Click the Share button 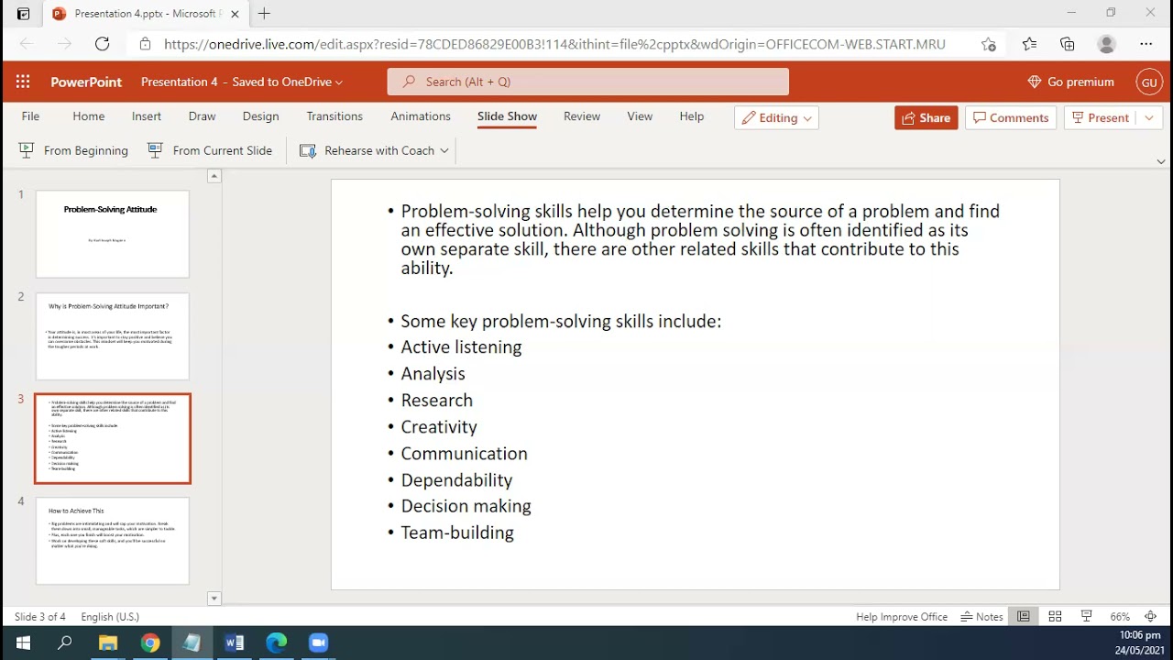click(926, 117)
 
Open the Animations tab click(421, 116)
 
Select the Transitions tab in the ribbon click(334, 116)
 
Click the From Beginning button click(74, 150)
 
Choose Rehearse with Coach click(374, 150)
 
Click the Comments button click(1010, 117)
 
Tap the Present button click(1100, 117)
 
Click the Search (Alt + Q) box click(587, 82)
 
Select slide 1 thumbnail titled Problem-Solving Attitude click(112, 234)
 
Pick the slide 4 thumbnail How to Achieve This click(112, 540)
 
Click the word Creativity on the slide click(439, 427)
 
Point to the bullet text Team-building click(457, 533)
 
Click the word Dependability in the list click(456, 480)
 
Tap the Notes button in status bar click(981, 617)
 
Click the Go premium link click(1070, 82)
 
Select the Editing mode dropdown click(776, 117)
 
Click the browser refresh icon click(102, 43)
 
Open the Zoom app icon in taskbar click(319, 643)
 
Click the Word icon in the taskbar click(234, 643)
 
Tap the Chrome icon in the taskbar click(150, 643)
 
